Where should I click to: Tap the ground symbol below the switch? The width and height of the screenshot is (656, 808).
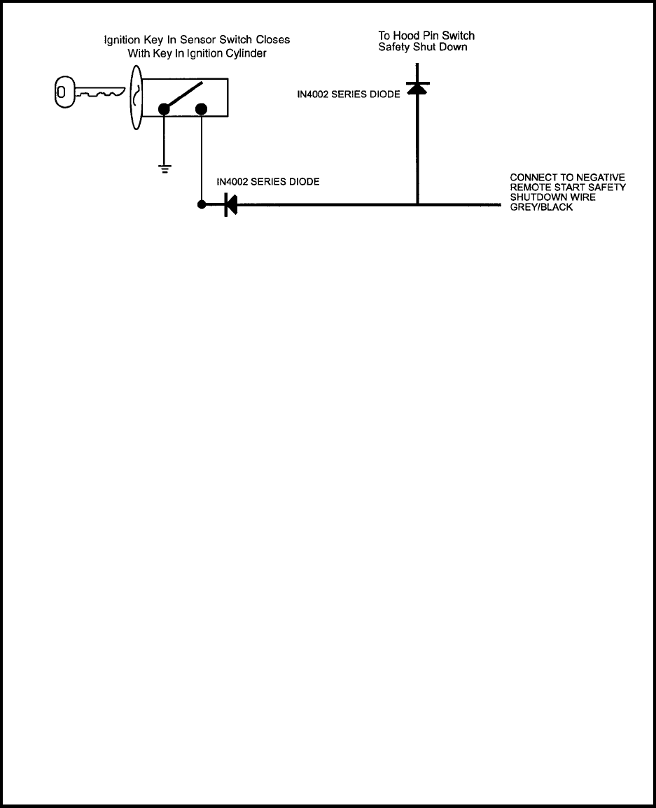coord(165,167)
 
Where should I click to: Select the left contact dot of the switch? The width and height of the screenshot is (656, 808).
coord(165,108)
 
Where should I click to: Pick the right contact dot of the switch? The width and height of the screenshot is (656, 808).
coord(202,108)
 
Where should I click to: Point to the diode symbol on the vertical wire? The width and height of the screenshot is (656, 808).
coord(417,87)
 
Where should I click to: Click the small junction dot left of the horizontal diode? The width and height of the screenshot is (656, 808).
coord(202,205)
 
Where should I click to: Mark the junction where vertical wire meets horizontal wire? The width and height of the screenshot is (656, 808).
coord(417,205)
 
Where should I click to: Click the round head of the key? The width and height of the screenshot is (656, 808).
coord(64,92)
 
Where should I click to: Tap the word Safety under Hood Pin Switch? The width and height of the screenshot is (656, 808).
coord(394,47)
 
